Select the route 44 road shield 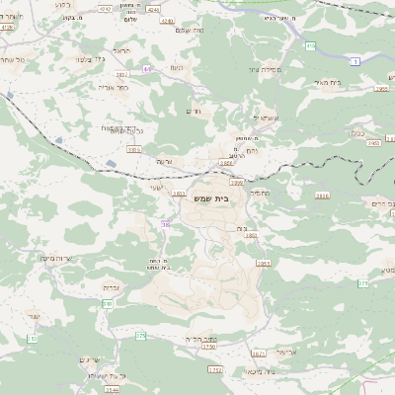click(x=146, y=68)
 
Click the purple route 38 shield click(x=165, y=225)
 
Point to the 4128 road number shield click(x=7, y=28)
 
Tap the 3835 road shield click(x=133, y=149)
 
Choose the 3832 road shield click(x=121, y=74)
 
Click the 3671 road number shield click(x=258, y=353)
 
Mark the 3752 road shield click(x=214, y=369)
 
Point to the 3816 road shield click(x=322, y=196)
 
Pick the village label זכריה click(x=112, y=287)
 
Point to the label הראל click(x=122, y=50)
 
